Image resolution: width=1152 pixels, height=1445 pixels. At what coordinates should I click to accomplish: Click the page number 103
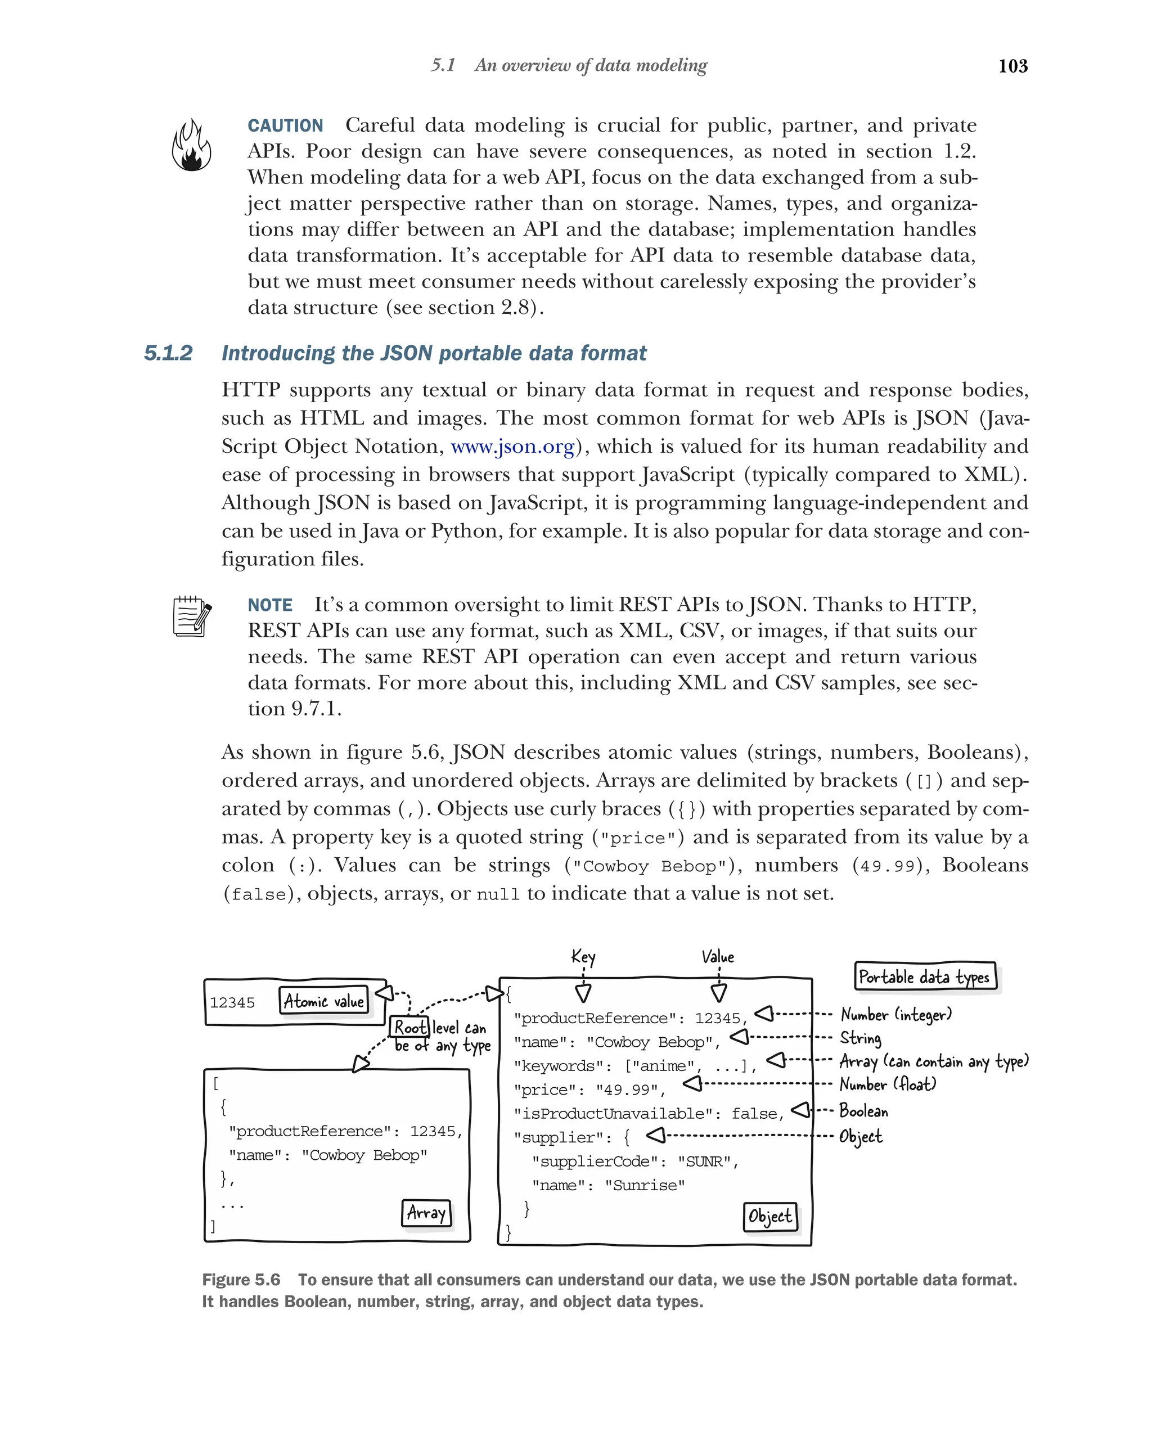[x=1012, y=66]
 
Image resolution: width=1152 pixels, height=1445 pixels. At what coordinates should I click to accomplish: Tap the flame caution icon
[x=192, y=146]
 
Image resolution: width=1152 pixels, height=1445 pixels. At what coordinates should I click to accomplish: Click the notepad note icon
[x=192, y=616]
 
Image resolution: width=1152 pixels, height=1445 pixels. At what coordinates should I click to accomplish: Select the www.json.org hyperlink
[x=512, y=447]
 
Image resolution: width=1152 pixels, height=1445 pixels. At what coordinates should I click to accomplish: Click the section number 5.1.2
[x=168, y=353]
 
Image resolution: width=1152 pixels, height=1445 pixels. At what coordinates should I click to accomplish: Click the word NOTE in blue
[x=269, y=605]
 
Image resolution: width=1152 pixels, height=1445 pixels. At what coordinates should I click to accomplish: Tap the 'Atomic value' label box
[x=323, y=1001]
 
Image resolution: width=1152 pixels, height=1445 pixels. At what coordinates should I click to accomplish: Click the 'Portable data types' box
[x=925, y=976]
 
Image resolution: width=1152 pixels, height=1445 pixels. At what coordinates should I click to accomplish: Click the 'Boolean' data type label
[x=863, y=1111]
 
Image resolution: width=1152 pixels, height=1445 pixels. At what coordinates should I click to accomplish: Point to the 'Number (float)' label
[x=887, y=1084]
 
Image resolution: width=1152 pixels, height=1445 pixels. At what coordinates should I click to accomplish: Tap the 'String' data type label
[x=861, y=1038]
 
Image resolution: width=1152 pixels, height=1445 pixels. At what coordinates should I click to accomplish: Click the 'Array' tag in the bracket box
[x=426, y=1213]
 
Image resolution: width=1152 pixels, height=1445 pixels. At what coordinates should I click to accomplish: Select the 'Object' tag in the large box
[x=770, y=1217]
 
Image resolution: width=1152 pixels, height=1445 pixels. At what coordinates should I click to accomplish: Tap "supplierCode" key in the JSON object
[x=589, y=1162]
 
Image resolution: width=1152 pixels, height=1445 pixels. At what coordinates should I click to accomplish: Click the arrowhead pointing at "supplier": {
[x=656, y=1135]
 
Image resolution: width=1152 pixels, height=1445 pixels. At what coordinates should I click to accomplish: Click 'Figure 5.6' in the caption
[x=241, y=1280]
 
